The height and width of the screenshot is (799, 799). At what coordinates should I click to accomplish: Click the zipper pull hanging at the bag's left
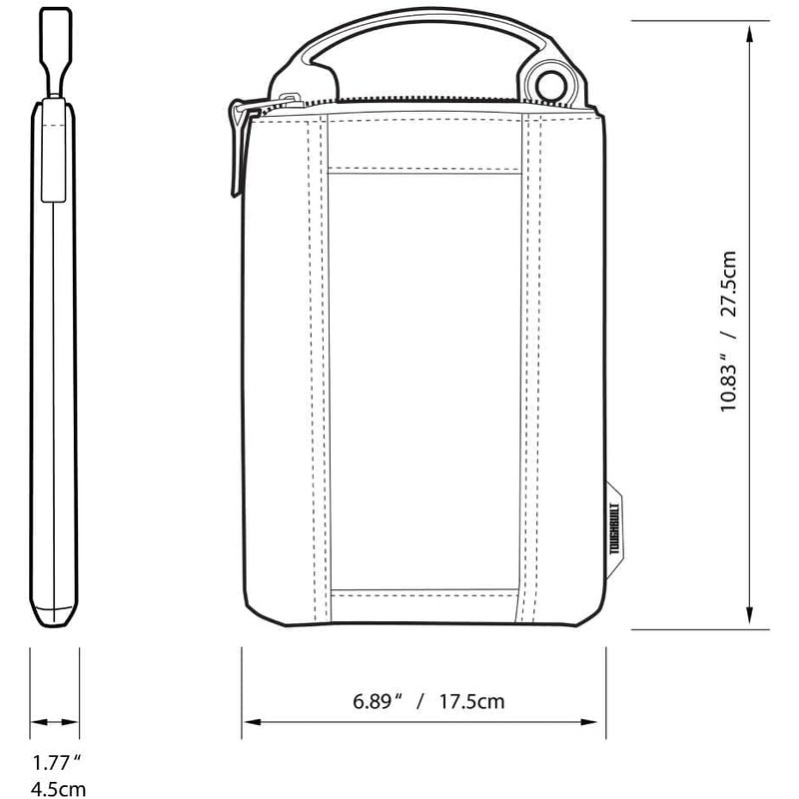pos(240,150)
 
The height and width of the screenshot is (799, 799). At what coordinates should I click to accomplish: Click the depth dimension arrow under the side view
pos(55,721)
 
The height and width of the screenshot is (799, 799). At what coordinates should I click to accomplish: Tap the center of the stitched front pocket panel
pos(424,380)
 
